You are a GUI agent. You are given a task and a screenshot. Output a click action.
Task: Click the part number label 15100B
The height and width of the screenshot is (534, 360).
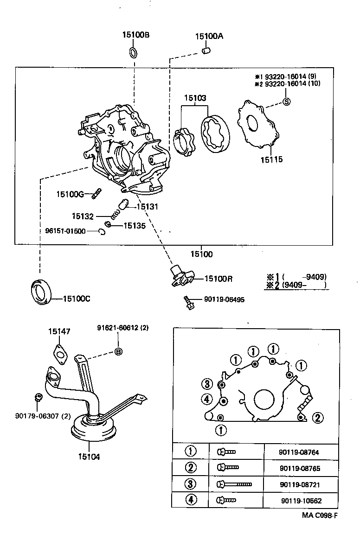coord(135,35)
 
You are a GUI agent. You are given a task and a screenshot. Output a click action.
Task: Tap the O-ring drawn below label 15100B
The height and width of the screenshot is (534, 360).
coord(132,52)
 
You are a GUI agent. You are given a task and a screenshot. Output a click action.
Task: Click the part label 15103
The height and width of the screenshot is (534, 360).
coord(194,98)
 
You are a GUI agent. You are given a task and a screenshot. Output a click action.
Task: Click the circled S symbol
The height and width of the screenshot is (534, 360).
coord(286,102)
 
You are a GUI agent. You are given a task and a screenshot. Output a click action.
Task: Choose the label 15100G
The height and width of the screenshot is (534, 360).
coord(70,194)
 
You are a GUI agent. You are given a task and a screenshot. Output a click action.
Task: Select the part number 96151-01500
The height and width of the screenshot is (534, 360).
coord(65,231)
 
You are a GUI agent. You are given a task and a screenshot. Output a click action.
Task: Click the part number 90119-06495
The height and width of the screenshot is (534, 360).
coord(224,299)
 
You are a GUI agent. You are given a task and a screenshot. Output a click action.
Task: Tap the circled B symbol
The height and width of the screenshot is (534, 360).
coord(118,351)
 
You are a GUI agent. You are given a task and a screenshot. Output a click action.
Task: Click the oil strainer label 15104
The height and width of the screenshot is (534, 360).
coord(89,456)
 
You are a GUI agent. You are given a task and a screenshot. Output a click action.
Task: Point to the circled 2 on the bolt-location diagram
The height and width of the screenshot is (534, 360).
coord(317,418)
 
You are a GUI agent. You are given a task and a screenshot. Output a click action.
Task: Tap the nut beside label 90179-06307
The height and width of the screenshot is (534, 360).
coord(39,397)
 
